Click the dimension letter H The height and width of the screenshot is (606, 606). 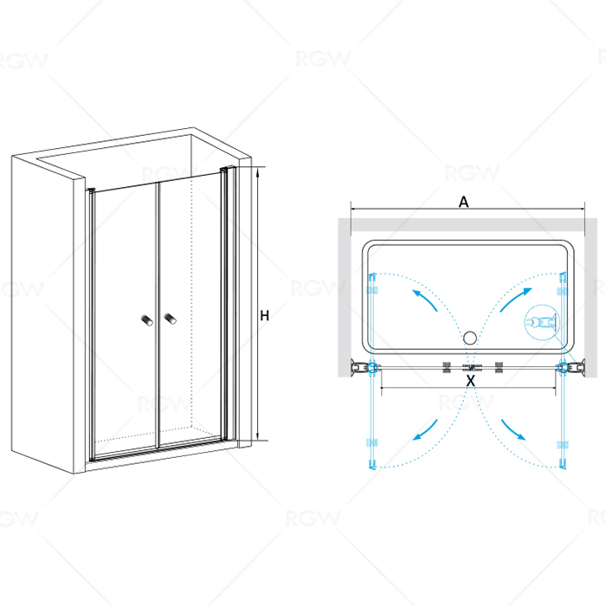264,316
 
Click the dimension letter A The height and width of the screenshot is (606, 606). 463,202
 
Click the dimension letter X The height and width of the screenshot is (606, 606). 470,381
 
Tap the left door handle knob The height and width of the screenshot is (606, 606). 147,320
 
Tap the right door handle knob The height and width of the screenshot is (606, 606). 170,319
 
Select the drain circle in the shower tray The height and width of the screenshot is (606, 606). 470,338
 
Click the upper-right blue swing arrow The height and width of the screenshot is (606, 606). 516,300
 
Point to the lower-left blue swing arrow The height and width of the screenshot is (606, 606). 425,430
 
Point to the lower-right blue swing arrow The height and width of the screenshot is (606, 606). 513,429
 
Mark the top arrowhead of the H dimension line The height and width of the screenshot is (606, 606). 257,171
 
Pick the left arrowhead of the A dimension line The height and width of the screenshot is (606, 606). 354,210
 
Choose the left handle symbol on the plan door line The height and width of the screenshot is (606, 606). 447,367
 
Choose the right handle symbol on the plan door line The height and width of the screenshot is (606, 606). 499,367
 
